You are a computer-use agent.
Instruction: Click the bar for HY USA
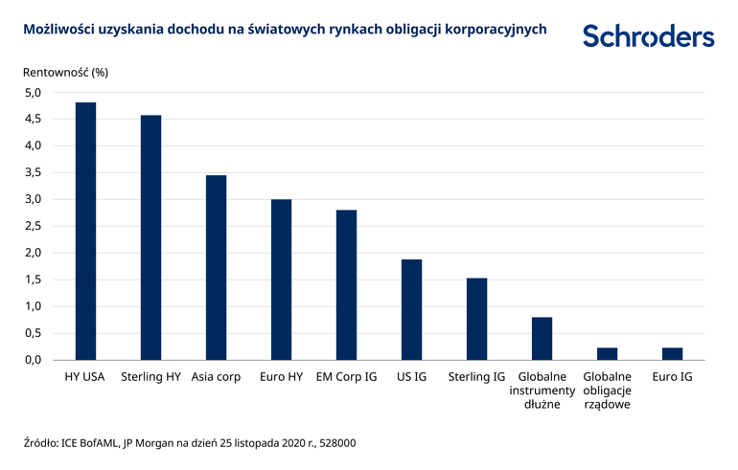tap(85, 231)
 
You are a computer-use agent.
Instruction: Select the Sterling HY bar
tap(150, 237)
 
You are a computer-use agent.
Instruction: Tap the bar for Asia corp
tap(216, 267)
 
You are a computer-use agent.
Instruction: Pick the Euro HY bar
tap(281, 280)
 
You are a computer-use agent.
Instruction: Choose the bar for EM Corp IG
tap(346, 284)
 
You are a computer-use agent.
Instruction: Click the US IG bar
tap(411, 309)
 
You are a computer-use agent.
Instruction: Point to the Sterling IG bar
tap(476, 319)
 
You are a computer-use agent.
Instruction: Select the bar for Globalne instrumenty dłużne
tap(542, 338)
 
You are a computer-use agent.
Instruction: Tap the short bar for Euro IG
tap(672, 353)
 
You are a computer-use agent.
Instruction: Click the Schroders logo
tap(648, 36)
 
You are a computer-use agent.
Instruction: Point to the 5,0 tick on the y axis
tap(33, 93)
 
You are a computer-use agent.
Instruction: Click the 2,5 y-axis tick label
tap(33, 226)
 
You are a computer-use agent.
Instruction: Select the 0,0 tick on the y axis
tap(33, 360)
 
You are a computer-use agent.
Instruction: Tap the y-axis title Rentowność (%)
tap(64, 72)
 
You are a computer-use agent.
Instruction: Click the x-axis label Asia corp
tap(216, 377)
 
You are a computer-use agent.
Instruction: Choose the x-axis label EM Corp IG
tap(346, 377)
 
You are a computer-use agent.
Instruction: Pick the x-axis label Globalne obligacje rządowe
tap(607, 391)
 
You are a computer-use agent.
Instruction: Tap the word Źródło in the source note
tap(40, 442)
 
